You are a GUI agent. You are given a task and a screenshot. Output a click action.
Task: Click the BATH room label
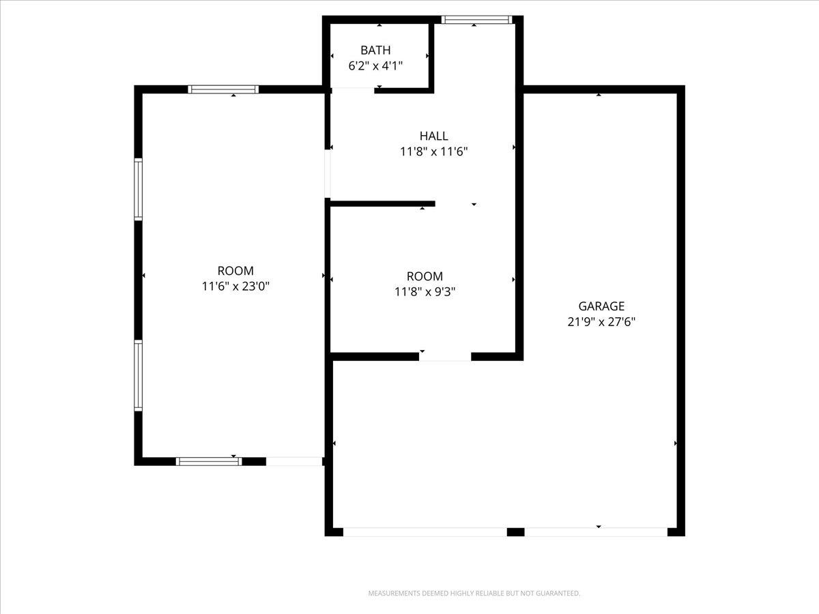coord(375,50)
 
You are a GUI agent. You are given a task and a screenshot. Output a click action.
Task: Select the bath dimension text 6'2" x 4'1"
coord(375,65)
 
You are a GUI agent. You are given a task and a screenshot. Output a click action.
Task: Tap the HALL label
coord(433,136)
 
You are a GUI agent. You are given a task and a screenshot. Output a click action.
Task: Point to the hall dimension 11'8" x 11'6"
coord(433,151)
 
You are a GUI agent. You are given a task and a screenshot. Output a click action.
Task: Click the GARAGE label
coord(601,306)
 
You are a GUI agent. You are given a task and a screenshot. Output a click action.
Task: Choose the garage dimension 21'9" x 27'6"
coord(601,322)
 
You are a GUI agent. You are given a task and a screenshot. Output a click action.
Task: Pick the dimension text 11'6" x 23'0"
coord(235,287)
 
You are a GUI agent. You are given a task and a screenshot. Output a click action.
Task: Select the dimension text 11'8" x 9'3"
coord(425,291)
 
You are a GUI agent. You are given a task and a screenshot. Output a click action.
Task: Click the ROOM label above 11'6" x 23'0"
coord(235,271)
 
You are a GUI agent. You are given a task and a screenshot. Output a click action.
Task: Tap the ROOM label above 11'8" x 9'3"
coord(425,276)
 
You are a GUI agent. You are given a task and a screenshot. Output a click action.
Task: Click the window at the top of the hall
coord(476,20)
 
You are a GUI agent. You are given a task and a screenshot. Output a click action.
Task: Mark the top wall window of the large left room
coord(223,89)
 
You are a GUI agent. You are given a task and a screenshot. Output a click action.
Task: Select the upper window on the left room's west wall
coord(139,189)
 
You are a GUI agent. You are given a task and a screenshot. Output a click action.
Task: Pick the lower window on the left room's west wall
coord(139,375)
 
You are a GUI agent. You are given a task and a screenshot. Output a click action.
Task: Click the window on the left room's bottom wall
coord(209,461)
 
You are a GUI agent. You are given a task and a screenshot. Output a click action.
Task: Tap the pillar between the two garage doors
coord(515,531)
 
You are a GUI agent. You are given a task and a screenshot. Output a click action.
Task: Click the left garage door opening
coord(425,531)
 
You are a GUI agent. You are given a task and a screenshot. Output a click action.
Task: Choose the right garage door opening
coord(595,531)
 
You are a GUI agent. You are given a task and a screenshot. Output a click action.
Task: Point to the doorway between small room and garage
coord(444,356)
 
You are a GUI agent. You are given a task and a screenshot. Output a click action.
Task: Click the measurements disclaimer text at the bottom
coord(474,594)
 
